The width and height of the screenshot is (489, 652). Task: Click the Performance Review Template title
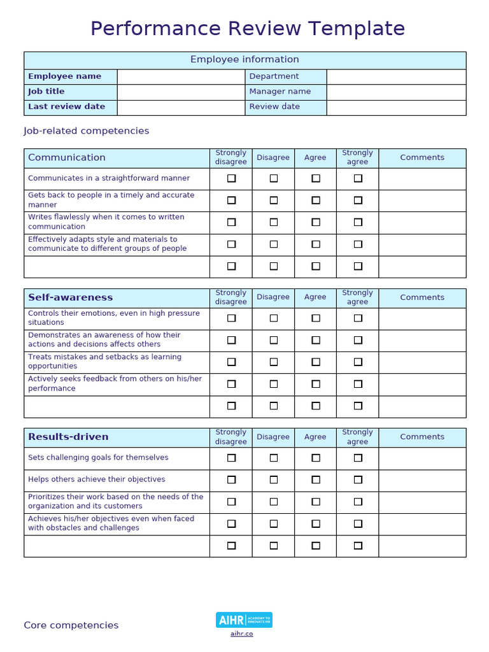pos(247,29)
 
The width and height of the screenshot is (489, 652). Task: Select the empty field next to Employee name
pos(181,76)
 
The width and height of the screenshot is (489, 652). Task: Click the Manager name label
pos(280,92)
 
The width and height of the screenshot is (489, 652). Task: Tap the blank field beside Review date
pos(396,107)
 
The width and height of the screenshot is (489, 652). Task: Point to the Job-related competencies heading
pos(87,131)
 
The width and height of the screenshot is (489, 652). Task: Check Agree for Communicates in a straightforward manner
pos(316,179)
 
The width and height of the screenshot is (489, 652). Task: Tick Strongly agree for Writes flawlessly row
pos(358,222)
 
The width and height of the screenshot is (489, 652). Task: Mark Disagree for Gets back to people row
pos(274,200)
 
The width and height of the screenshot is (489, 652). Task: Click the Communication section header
pos(67,158)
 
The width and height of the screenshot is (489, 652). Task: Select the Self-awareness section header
pos(70,297)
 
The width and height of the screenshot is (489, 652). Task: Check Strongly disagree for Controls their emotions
pos(231,318)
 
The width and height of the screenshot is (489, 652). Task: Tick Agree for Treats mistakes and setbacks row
pos(316,362)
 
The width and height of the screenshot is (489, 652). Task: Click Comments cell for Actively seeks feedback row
pos(422,384)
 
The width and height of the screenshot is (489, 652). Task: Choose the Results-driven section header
pos(68,437)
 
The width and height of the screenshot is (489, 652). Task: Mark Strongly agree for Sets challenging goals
pos(358,458)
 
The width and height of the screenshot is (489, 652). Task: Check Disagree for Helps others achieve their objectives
pos(274,479)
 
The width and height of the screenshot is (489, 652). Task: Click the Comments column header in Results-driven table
pos(422,437)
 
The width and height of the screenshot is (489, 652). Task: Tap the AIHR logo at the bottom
pos(244,620)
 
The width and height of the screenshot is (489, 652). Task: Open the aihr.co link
pos(242,634)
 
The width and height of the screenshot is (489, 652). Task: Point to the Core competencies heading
pos(71,625)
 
